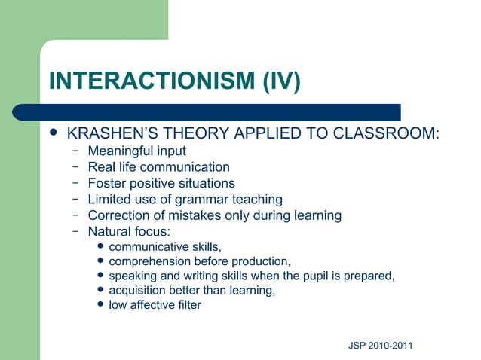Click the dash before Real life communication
coord(76,166)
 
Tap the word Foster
coord(106,183)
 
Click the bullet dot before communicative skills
coord(102,247)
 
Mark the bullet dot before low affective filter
coord(102,305)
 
